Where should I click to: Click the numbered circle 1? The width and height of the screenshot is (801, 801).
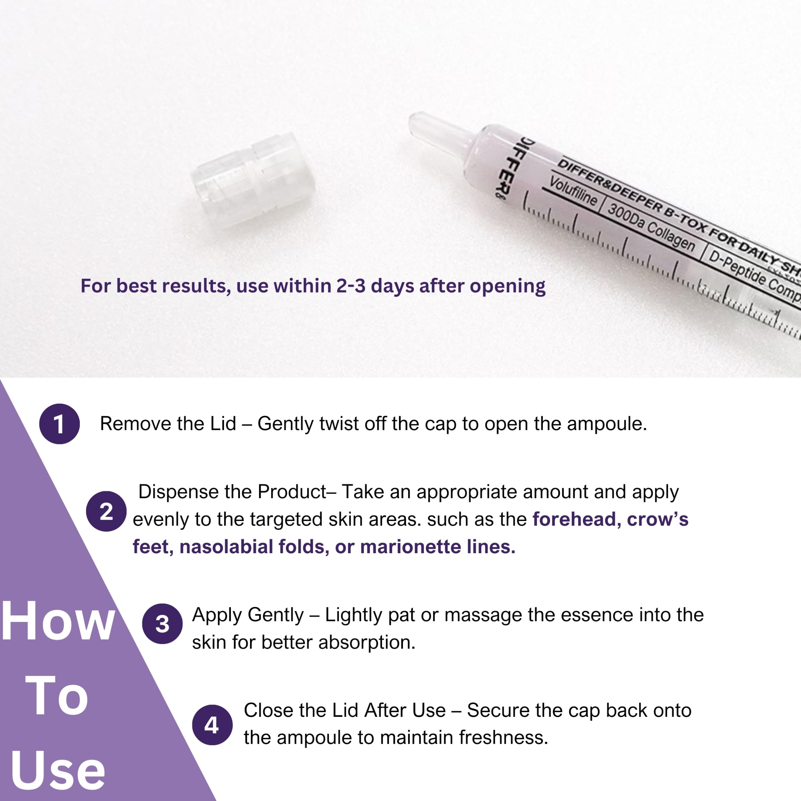[59, 424]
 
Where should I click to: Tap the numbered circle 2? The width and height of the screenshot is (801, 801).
[106, 511]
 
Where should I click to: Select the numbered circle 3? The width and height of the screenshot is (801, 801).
[162, 624]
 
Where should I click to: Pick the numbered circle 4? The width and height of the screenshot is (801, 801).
[212, 725]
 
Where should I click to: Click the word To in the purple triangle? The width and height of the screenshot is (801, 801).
[57, 696]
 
